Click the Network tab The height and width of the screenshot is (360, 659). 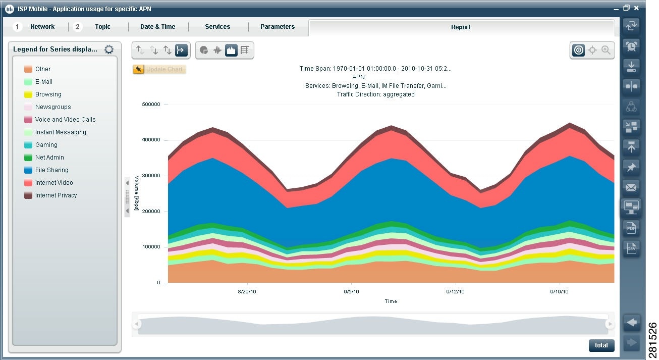[42, 27]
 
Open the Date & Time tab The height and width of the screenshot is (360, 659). [157, 27]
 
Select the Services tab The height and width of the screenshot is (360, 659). [217, 27]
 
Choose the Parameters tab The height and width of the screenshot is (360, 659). [277, 27]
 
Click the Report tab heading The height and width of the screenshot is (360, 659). [460, 27]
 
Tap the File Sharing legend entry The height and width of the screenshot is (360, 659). [51, 170]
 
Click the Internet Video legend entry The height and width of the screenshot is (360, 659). [53, 183]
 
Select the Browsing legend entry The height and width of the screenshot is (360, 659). [48, 94]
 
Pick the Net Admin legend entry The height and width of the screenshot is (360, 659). [49, 158]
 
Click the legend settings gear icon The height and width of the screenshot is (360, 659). [109, 49]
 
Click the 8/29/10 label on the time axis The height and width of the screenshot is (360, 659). [247, 292]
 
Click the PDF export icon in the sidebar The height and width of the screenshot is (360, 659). [631, 228]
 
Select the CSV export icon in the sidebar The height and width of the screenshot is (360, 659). [631, 248]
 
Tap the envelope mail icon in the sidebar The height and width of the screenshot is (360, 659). [631, 187]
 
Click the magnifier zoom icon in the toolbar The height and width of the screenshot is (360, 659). [606, 50]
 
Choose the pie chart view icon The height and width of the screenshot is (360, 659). [204, 50]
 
